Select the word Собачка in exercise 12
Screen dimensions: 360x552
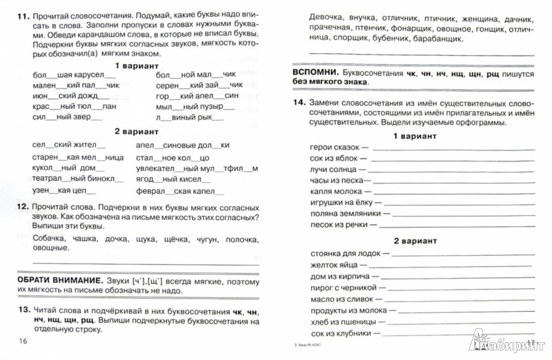[49, 239]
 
